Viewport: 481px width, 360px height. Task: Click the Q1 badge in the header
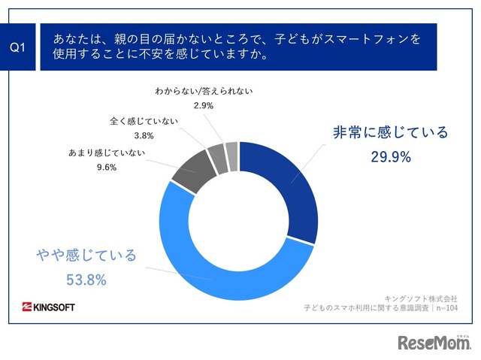click(19, 47)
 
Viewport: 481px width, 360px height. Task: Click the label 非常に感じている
click(390, 133)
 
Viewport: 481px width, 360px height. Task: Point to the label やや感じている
click(86, 256)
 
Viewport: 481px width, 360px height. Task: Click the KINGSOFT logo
click(49, 307)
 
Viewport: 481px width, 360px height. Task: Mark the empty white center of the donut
click(240, 221)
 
